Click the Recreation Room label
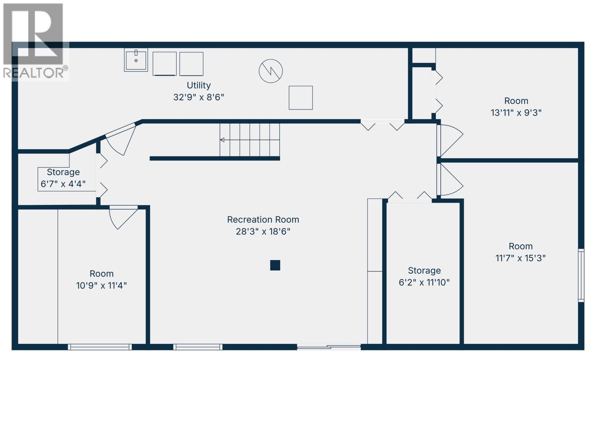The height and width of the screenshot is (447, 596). pos(263,220)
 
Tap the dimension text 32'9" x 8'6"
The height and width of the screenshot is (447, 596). pos(199,97)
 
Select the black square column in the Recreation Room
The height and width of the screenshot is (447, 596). pos(275,265)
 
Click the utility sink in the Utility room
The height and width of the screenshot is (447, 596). pos(136,60)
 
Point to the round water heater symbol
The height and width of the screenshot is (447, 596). pos(271,71)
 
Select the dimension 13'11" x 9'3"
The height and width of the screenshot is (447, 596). pos(516,112)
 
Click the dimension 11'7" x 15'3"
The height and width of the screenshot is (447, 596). pos(520,258)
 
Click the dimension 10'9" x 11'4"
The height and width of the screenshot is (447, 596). pos(101,285)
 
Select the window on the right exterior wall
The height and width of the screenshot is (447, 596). pos(581,275)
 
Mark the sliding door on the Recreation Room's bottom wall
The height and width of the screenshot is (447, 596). pos(329,347)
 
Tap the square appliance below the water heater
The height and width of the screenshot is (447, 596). pos(301,98)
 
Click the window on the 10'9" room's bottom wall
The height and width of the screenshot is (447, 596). pos(100,347)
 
